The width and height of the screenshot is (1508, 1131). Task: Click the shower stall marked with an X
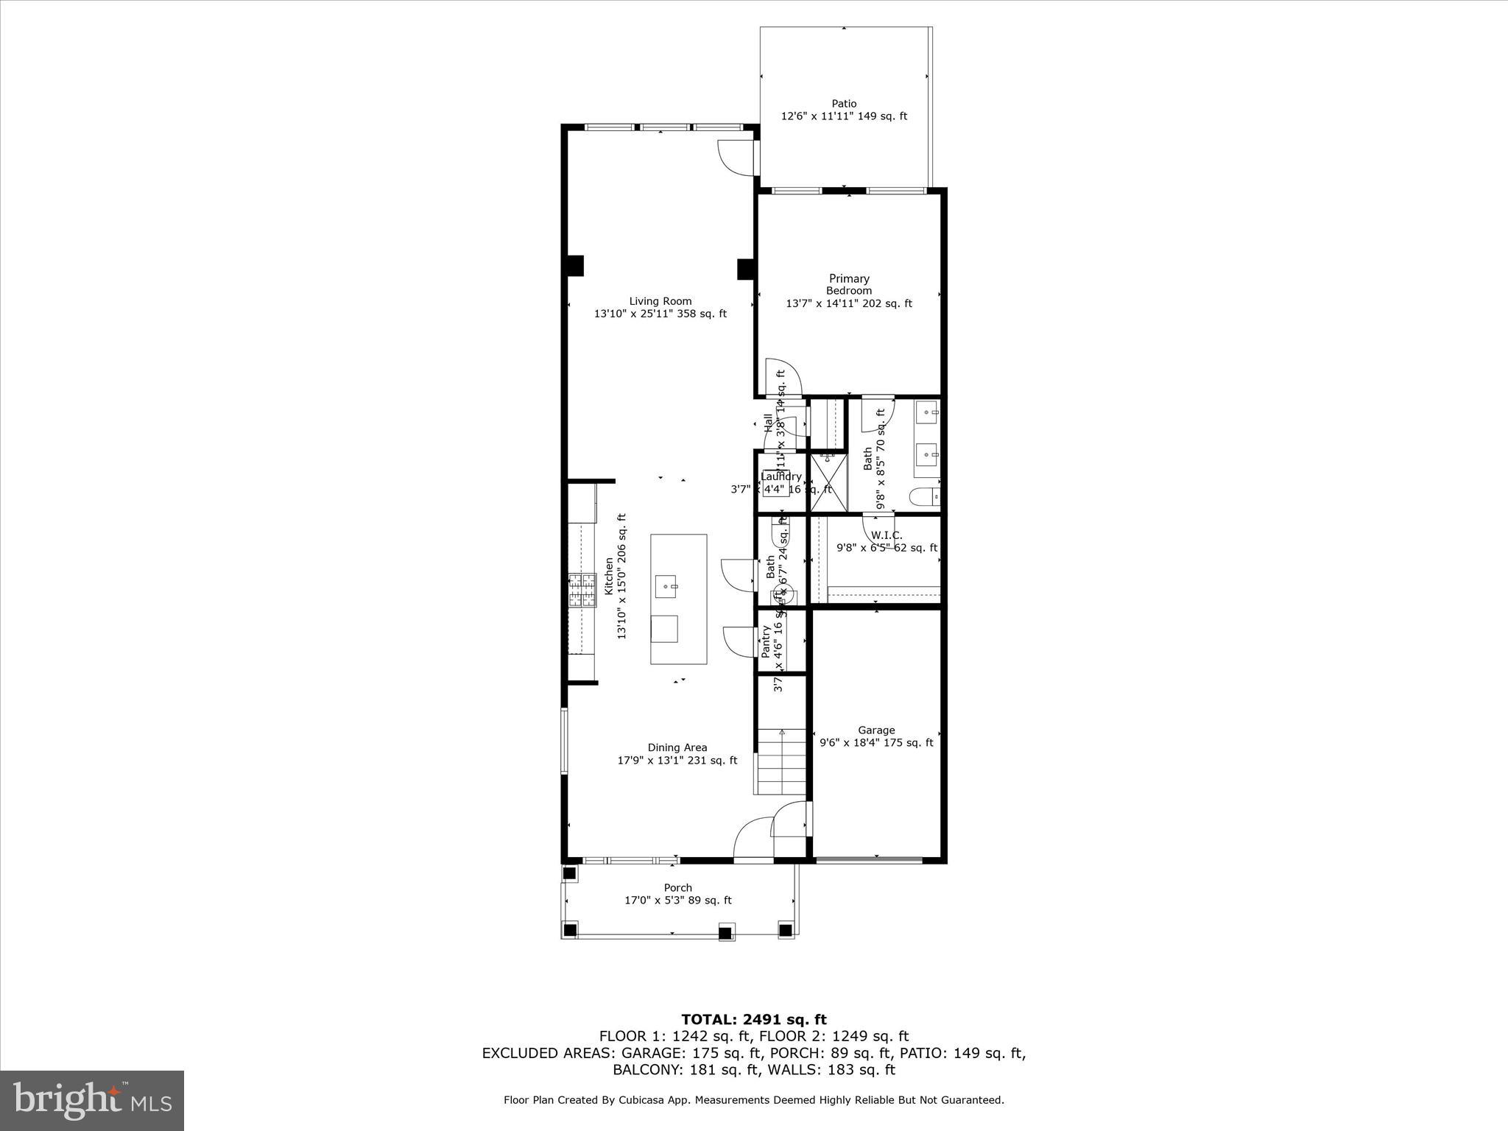828,482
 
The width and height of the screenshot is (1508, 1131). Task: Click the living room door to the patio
736,157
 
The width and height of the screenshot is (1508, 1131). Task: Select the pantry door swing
740,641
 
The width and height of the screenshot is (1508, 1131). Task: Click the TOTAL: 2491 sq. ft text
753,1020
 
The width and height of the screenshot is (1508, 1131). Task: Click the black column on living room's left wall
574,266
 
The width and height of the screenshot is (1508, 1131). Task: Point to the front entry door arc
753,837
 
